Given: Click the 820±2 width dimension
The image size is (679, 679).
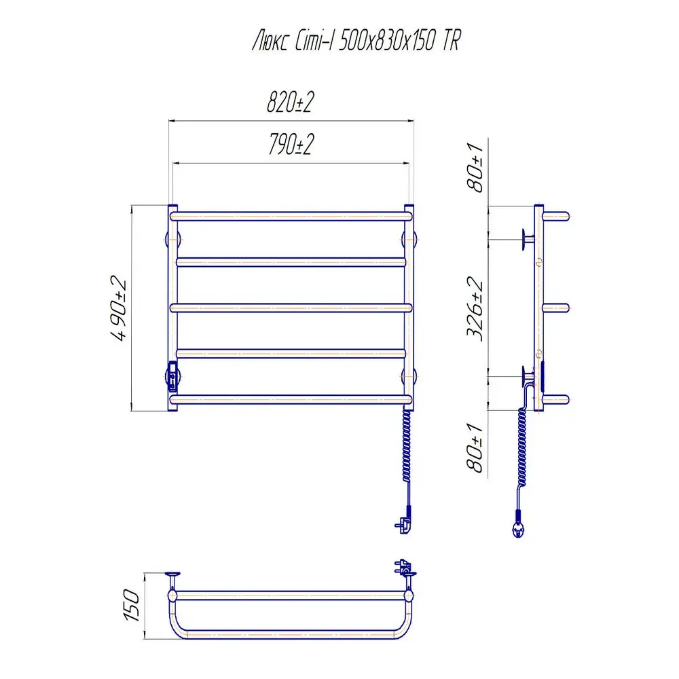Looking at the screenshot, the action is pos(290,103).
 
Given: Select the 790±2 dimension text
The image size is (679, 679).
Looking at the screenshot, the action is pos(291,144).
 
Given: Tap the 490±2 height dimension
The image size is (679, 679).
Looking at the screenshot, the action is pos(118,308).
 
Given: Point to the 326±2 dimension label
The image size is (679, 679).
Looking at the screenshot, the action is pos(475,309).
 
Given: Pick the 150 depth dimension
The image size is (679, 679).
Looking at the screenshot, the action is pos(132,605).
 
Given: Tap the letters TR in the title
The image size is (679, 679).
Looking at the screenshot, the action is pos(452,41).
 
